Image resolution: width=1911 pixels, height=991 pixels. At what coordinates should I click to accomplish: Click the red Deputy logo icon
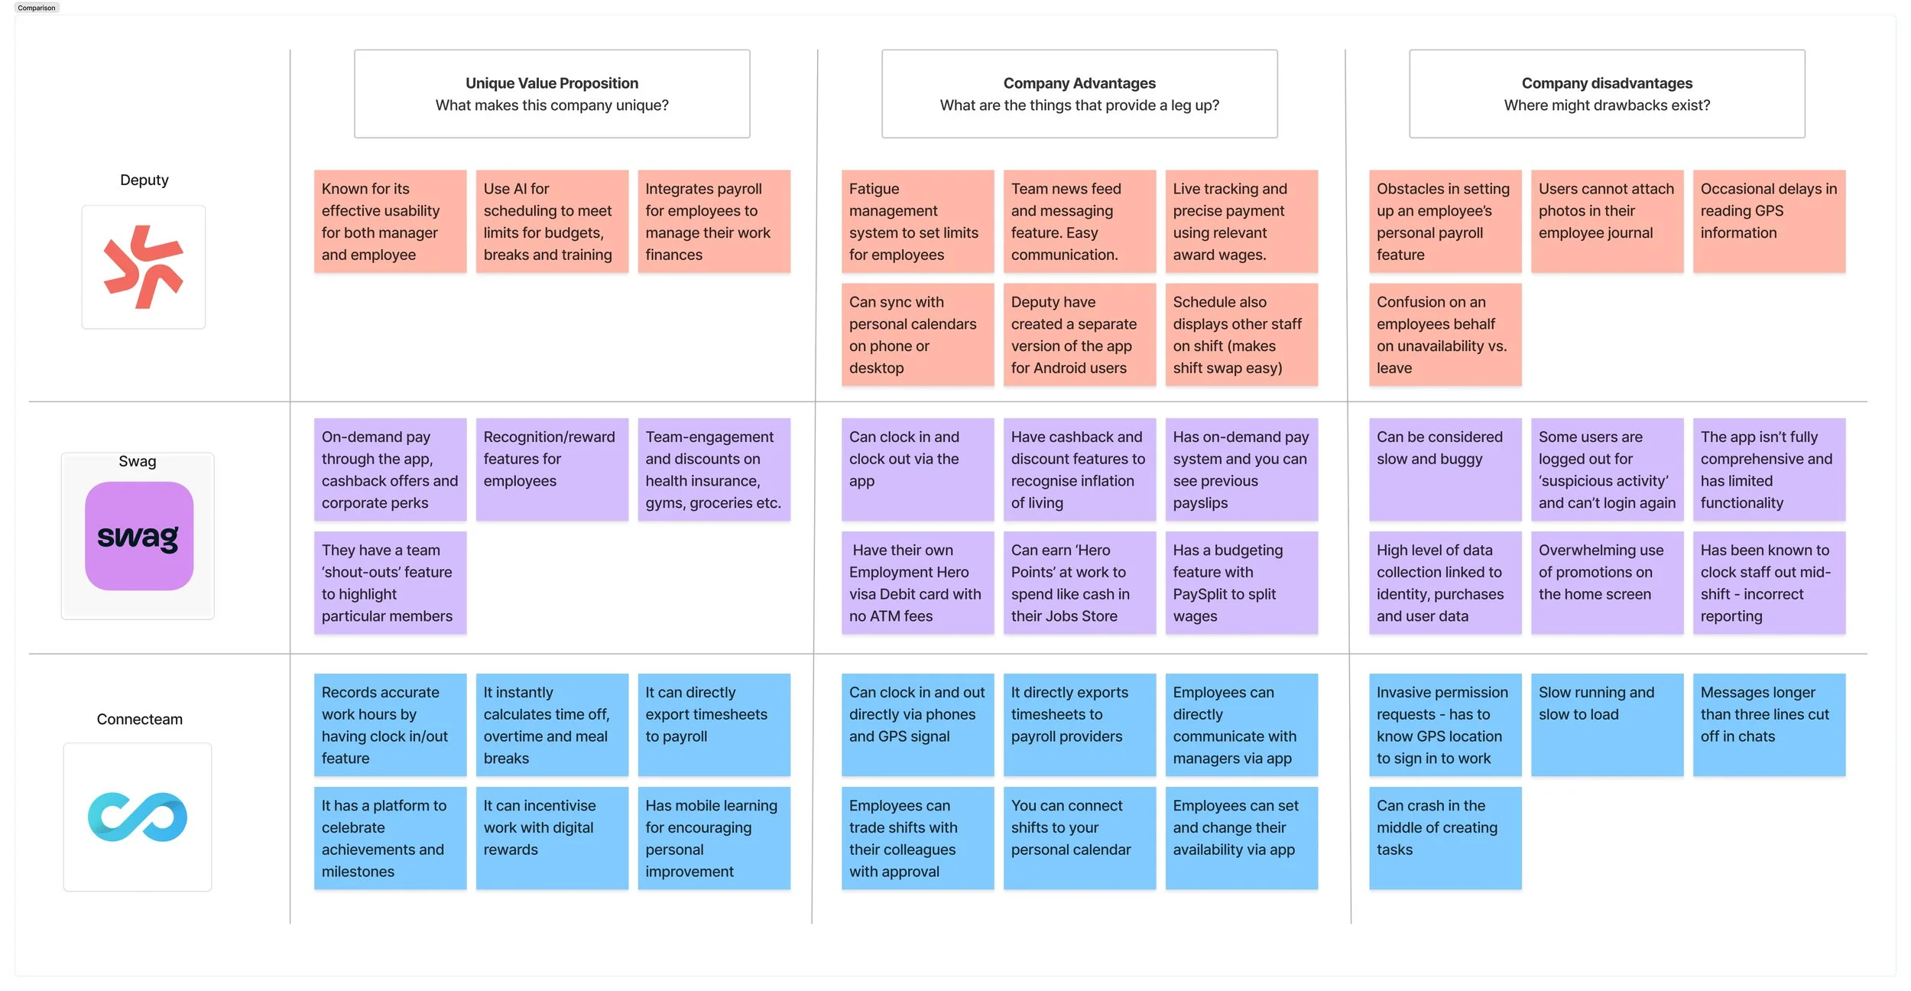[x=143, y=267]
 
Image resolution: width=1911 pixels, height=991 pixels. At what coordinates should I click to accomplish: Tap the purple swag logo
[x=138, y=536]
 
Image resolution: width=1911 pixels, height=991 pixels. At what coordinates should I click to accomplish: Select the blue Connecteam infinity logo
[x=138, y=817]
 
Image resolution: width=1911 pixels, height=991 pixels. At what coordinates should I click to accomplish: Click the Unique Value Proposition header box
[x=552, y=94]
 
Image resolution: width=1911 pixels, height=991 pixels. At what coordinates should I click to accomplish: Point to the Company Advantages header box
[x=1079, y=94]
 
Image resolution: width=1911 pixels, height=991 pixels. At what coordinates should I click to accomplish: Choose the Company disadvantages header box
[x=1607, y=94]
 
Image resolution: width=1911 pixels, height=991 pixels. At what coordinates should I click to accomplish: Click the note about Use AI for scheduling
[x=552, y=221]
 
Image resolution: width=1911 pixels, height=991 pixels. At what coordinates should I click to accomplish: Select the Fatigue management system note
[x=917, y=221]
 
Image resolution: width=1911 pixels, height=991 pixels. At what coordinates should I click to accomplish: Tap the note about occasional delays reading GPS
[x=1769, y=221]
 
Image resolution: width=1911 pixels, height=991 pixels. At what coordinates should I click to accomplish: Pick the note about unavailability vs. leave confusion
[x=1445, y=334]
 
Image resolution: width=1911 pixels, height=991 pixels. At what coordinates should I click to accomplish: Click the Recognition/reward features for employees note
[x=552, y=469]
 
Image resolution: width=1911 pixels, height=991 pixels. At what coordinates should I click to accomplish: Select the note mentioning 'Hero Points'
[x=1079, y=583]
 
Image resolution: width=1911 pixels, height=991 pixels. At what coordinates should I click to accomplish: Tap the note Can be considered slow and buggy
[x=1445, y=469]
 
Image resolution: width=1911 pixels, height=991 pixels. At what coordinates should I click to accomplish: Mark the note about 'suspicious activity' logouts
[x=1607, y=469]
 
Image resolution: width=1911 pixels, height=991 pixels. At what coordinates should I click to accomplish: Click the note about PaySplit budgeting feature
[x=1241, y=583]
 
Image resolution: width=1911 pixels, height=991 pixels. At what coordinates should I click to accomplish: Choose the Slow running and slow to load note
[x=1607, y=724]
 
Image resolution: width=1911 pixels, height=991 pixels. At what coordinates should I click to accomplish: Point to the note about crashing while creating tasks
[x=1445, y=837]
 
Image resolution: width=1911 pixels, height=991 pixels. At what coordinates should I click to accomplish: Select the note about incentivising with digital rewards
[x=552, y=837]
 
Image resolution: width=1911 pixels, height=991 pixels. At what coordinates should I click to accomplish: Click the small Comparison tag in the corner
[x=37, y=8]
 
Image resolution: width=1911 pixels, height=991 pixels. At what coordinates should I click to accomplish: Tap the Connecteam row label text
[x=139, y=719]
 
